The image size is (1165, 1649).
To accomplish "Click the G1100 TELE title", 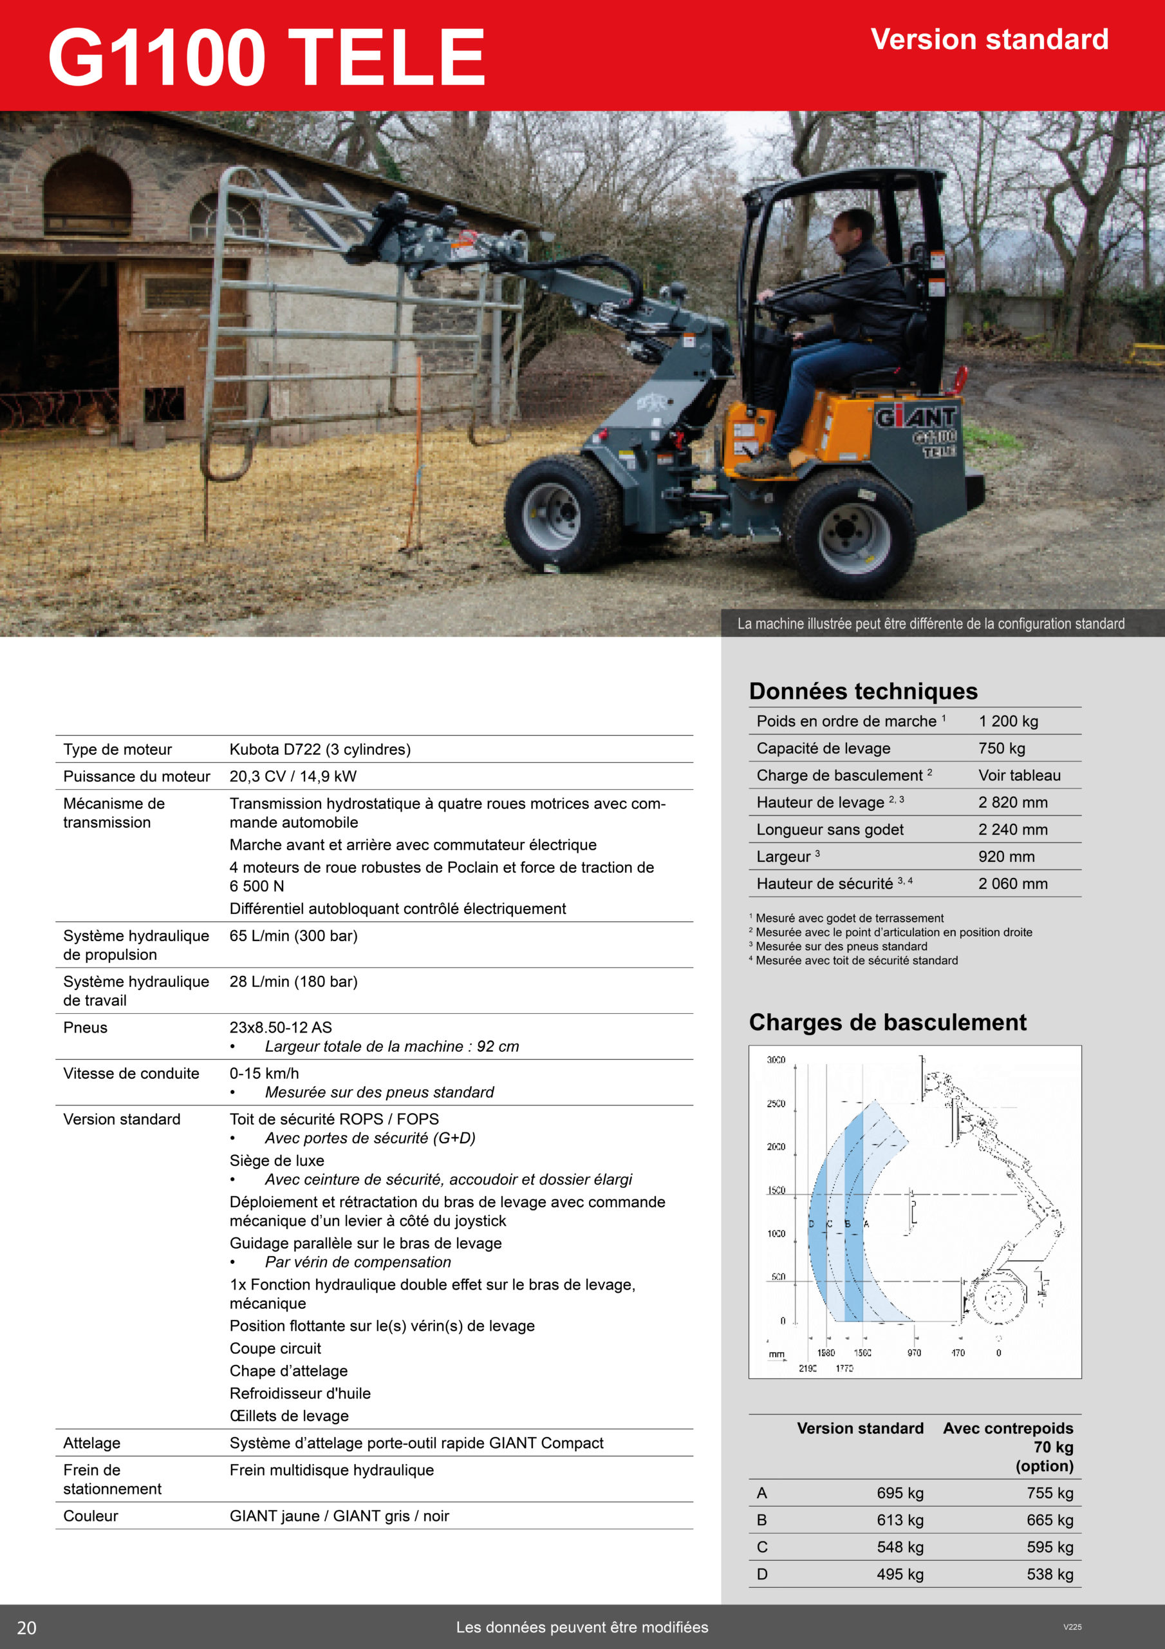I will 266,57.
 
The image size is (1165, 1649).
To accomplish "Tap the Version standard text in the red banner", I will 989,39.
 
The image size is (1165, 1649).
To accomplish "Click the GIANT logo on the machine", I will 916,417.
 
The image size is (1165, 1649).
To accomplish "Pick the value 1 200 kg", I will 1008,721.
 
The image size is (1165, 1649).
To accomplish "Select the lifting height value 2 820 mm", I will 1012,802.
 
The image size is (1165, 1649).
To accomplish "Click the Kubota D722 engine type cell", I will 320,749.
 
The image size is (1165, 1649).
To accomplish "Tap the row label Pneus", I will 86,1027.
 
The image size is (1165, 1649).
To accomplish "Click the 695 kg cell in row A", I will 899,1492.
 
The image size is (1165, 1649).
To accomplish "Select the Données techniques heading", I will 862,691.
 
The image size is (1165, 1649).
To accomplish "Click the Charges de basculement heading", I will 887,1022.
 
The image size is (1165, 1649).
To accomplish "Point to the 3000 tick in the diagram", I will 776,1060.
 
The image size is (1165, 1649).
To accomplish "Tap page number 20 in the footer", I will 26,1628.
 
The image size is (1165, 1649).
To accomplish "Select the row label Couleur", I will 91,1516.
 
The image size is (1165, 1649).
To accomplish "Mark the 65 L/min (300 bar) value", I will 293,935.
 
